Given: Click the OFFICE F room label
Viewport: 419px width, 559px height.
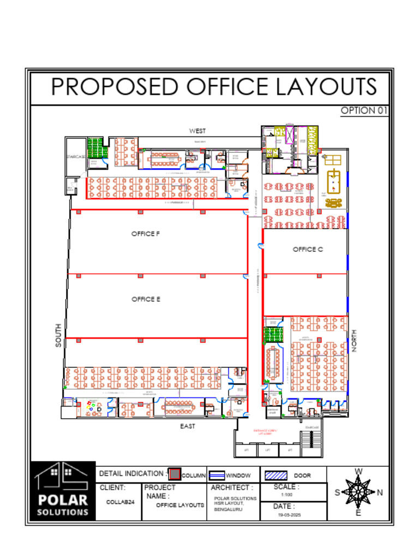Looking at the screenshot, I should pyautogui.click(x=145, y=234).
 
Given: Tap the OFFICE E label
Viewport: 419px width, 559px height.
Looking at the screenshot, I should pyautogui.click(x=145, y=299).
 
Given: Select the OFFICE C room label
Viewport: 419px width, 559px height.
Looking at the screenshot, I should pyautogui.click(x=308, y=249).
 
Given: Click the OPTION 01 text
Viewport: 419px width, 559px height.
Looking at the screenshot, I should pyautogui.click(x=364, y=110).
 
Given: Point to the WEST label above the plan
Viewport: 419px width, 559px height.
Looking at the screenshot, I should pyautogui.click(x=197, y=131).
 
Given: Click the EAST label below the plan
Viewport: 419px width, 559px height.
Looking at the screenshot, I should pyautogui.click(x=188, y=426).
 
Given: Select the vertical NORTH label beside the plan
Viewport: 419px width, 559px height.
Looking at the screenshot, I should pyautogui.click(x=354, y=341).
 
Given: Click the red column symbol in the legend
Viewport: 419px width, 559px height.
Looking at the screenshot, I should pyautogui.click(x=174, y=474).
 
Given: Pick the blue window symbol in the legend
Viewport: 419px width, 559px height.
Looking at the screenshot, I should pyautogui.click(x=218, y=475).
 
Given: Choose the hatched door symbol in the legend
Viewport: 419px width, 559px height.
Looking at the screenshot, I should pyautogui.click(x=276, y=475).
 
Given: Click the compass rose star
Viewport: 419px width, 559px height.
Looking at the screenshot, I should pyautogui.click(x=358, y=492).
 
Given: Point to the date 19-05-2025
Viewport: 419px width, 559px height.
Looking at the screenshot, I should pyautogui.click(x=289, y=515).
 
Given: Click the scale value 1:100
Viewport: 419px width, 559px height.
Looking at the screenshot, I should pyautogui.click(x=287, y=495).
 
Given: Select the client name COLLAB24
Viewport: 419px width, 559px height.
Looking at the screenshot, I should pyautogui.click(x=120, y=502).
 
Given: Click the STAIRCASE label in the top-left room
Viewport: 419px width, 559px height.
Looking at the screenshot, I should pyautogui.click(x=75, y=157).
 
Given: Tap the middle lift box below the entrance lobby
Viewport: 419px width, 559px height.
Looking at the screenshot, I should pyautogui.click(x=267, y=450).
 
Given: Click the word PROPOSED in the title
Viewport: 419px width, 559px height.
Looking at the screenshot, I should pyautogui.click(x=115, y=87).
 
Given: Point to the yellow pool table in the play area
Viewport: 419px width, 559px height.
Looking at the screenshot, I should pyautogui.click(x=333, y=180).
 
